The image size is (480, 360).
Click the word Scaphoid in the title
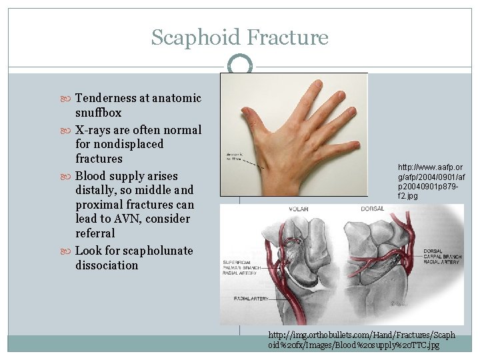pos(195,37)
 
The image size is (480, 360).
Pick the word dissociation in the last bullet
pos(107,265)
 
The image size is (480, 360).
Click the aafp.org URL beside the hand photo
pos(430,181)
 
